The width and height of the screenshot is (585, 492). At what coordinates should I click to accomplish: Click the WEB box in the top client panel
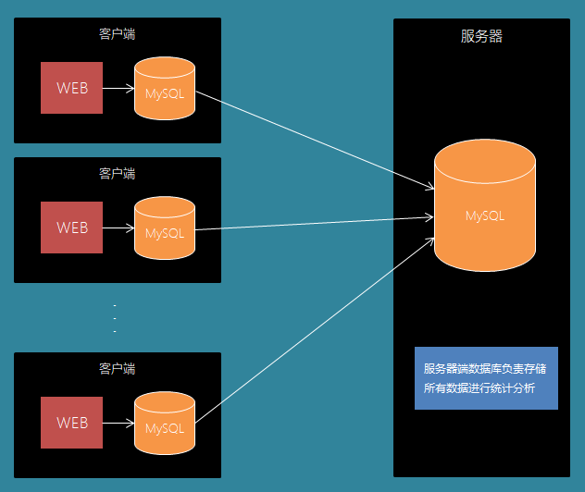tap(72, 88)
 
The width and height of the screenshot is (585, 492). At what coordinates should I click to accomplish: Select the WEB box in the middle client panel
tap(72, 227)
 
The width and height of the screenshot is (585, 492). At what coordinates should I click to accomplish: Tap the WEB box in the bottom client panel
tap(72, 423)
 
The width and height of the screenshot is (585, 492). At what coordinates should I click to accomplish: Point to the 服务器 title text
tap(481, 37)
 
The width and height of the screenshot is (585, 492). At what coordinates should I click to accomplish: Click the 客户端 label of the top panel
tap(118, 33)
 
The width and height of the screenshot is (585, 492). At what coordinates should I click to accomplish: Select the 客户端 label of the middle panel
tap(118, 173)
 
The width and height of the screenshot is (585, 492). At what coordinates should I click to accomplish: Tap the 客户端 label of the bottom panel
tap(118, 368)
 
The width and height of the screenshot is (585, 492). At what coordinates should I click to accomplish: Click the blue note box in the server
tap(486, 377)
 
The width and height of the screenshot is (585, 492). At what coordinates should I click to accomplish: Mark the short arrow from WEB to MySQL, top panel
tap(118, 89)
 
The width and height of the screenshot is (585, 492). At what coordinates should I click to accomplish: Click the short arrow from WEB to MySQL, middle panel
tap(118, 228)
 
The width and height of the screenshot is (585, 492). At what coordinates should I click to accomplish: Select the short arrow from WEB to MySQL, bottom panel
tap(118, 424)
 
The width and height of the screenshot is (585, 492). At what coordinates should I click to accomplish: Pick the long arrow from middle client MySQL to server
tap(315, 223)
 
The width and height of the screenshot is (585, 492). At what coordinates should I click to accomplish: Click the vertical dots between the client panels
tap(115, 318)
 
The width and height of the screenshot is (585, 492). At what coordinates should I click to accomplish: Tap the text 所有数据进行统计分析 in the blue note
tap(479, 388)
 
